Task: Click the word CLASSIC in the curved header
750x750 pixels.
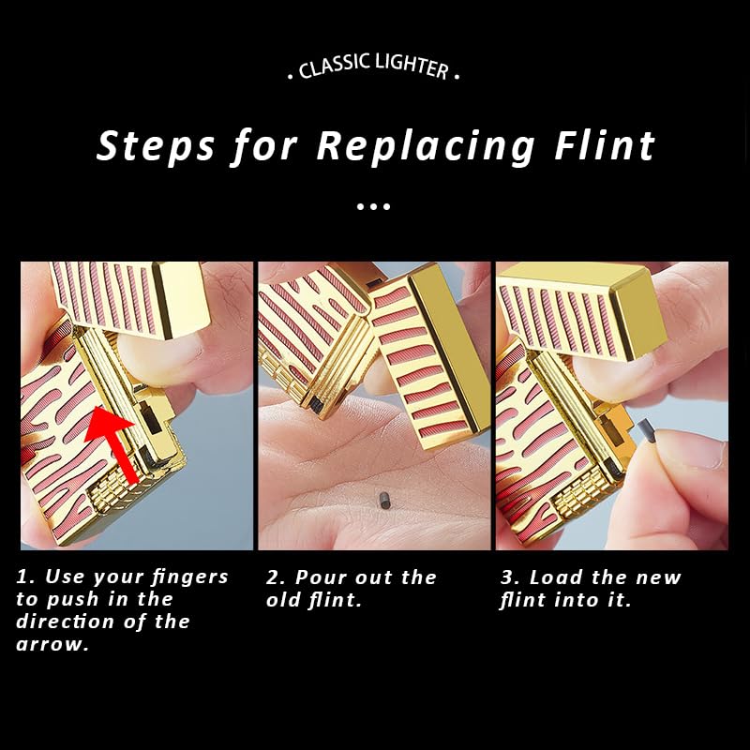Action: coord(335,66)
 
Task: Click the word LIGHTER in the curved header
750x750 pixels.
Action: coord(412,66)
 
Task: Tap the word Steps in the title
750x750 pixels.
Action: coord(156,146)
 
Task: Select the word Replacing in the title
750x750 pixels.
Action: coord(426,146)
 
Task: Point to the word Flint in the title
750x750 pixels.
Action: coord(605,145)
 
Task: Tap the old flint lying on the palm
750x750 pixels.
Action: coord(383,501)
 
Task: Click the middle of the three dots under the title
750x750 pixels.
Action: coord(373,206)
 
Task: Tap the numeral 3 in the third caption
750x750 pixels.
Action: coord(508,577)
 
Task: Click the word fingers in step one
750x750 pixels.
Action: coord(190,577)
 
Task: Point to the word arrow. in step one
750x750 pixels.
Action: coord(52,644)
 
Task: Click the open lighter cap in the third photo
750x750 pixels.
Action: coord(582,311)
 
